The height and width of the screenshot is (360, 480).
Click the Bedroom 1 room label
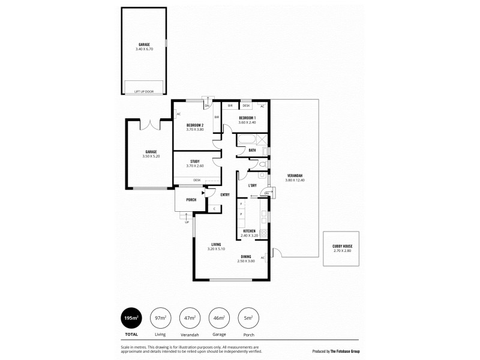coord(247,118)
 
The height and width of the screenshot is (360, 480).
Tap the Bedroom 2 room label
coord(195,125)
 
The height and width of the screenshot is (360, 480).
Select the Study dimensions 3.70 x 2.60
coord(195,166)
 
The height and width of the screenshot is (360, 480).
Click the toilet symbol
coord(263,164)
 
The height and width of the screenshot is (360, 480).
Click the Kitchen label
coord(249,231)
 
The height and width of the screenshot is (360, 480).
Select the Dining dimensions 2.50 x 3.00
coord(246,261)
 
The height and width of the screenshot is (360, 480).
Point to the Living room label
coord(216,244)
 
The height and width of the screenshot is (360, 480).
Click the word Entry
coord(225,194)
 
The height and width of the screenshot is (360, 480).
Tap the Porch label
coord(191,200)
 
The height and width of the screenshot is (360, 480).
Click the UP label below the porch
coord(187,223)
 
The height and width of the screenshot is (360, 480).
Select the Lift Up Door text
coord(144,92)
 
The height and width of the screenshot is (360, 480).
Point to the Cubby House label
coord(341,246)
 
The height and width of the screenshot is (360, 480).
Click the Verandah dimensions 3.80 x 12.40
coord(295,180)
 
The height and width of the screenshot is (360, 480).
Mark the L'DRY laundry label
coord(253,185)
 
